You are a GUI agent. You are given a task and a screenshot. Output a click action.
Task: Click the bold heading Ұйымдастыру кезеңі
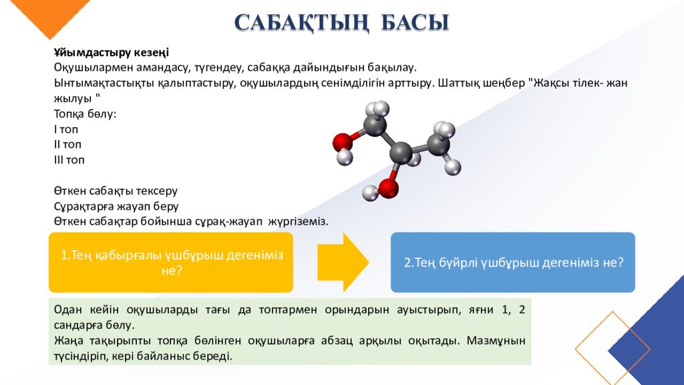(111, 53)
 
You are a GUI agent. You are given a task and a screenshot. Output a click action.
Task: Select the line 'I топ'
(66, 130)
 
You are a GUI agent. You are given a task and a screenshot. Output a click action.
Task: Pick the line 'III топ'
(69, 160)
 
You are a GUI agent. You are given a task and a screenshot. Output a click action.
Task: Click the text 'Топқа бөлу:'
(85, 114)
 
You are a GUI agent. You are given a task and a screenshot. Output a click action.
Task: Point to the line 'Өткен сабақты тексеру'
(116, 191)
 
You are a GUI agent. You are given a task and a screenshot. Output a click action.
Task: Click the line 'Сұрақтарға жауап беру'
(116, 207)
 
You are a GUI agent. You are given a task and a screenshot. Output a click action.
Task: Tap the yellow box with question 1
(171, 262)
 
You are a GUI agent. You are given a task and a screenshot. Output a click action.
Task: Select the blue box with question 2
(512, 262)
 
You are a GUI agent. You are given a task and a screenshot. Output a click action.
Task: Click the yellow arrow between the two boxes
(341, 262)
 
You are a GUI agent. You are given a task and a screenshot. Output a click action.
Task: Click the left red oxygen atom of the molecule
(342, 142)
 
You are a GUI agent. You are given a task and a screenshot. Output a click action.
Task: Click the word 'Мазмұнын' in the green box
(500, 340)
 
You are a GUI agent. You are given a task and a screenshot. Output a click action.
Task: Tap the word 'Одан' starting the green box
(67, 310)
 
